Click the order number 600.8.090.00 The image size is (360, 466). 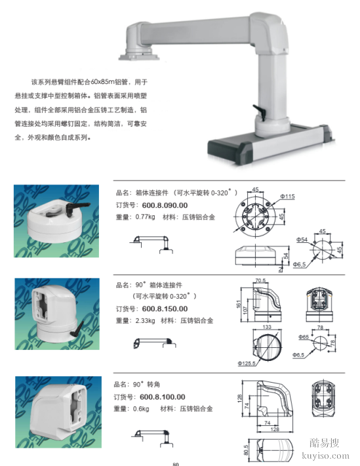[x=165, y=205]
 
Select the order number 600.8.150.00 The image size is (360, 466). [x=165, y=308]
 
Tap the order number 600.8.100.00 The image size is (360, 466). [x=163, y=397]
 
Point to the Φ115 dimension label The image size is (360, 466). [x=287, y=196]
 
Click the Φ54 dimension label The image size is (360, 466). [x=302, y=240]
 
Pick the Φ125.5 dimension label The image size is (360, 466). [x=247, y=363]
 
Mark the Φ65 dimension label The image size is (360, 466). [x=304, y=337]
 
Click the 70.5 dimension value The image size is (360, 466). [x=260, y=280]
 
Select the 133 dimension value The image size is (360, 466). [x=267, y=327]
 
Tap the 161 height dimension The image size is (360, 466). [x=239, y=304]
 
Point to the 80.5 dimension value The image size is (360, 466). [x=246, y=450]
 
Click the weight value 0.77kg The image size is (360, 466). [x=146, y=217]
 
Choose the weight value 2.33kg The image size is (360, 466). [x=146, y=321]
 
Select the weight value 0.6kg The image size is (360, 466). [x=141, y=409]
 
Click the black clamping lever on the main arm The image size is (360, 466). [x=260, y=112]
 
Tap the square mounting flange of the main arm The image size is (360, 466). [x=139, y=56]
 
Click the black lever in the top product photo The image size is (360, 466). [x=78, y=208]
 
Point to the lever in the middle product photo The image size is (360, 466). [x=76, y=331]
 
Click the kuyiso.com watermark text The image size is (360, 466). [x=325, y=455]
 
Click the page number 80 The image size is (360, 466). [x=176, y=464]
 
